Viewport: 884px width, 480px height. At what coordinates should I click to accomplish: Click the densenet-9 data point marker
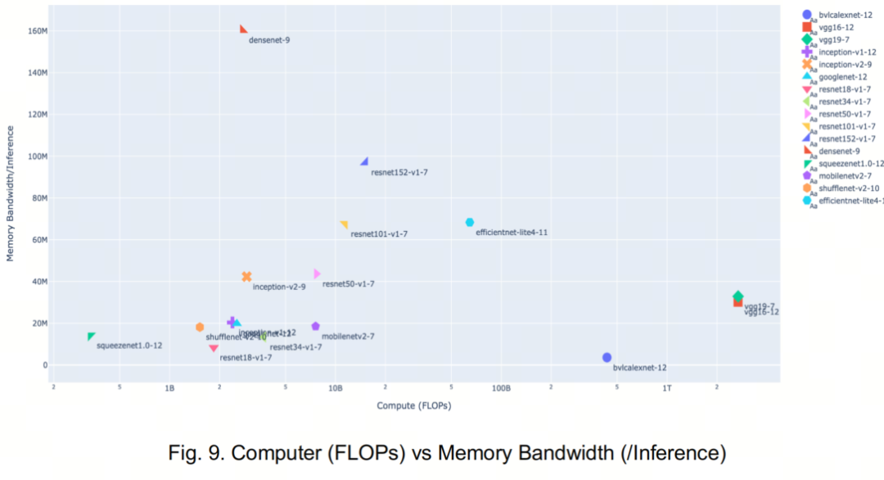point(243,29)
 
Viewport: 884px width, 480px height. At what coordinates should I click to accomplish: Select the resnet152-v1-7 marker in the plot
point(364,161)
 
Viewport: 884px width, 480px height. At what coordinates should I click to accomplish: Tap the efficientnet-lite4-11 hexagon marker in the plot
point(470,222)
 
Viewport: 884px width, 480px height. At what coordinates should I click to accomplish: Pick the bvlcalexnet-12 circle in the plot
point(607,357)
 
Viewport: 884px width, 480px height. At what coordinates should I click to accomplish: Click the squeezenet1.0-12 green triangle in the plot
point(91,336)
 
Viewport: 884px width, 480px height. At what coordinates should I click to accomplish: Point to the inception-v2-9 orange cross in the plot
point(246,277)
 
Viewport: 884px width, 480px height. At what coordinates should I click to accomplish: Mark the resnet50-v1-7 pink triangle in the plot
point(317,274)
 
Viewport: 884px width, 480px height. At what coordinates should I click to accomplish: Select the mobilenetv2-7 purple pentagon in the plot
point(315,326)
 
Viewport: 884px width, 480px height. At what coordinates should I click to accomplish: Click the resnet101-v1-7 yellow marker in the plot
point(344,224)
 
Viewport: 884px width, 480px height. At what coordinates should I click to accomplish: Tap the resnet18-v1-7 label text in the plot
point(246,357)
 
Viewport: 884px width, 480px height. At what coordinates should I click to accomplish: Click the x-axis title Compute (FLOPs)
point(414,405)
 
